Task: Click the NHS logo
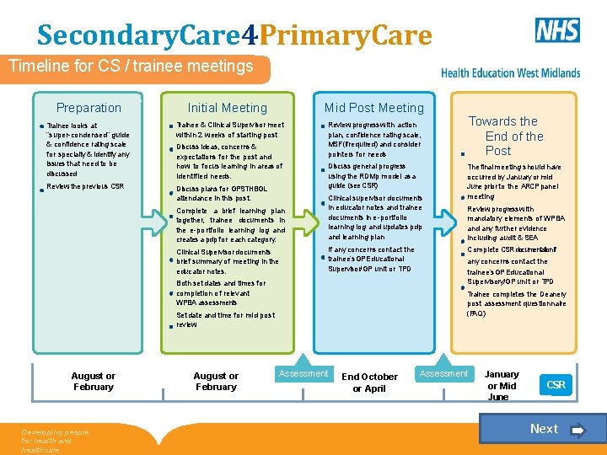[x=558, y=30]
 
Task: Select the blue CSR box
[x=556, y=385]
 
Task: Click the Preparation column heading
[x=89, y=108]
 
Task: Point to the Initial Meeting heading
[x=227, y=108]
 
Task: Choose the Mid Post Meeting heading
[x=374, y=108]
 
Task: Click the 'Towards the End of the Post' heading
[x=502, y=136]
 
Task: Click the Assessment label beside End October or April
[x=303, y=373]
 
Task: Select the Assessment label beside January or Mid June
[x=443, y=373]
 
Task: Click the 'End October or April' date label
[x=369, y=383]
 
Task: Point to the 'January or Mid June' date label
[x=502, y=385]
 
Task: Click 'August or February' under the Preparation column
[x=93, y=382]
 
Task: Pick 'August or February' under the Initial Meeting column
[x=216, y=382]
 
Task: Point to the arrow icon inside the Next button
[x=577, y=430]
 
